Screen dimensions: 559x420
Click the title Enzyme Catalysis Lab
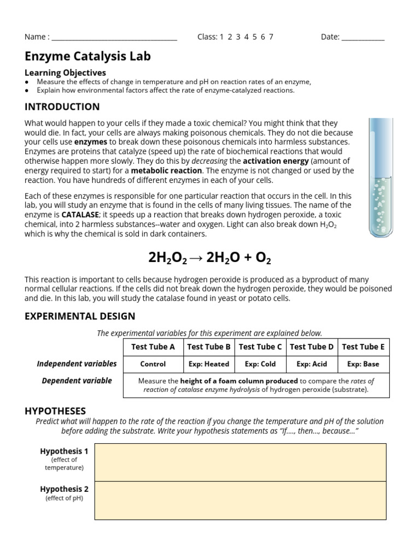pos(87,56)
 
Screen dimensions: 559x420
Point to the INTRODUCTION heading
pos(62,106)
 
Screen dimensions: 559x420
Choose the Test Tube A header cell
pos(153,347)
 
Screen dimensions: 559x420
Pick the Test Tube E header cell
pos(363,347)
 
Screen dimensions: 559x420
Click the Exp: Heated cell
pos(209,364)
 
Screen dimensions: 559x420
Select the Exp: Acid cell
pos(312,364)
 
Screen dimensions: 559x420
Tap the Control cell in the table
pos(153,364)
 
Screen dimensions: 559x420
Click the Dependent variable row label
pos(77,380)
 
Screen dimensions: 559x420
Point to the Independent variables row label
pos(77,364)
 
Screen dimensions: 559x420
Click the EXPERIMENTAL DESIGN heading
pos(80,316)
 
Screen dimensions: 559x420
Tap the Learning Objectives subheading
pos(65,73)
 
